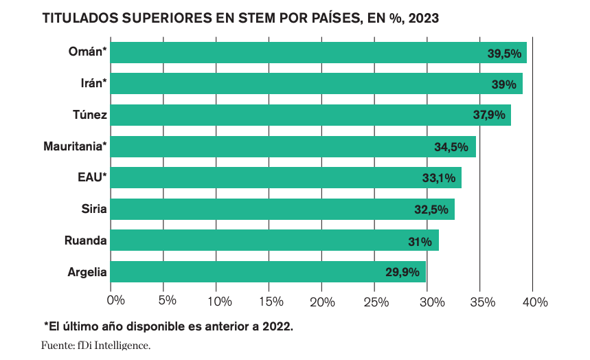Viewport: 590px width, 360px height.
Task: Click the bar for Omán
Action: click(x=318, y=53)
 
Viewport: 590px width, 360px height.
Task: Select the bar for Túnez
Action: click(x=310, y=115)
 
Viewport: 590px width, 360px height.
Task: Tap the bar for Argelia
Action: click(x=268, y=272)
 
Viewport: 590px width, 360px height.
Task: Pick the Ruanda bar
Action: click(x=274, y=240)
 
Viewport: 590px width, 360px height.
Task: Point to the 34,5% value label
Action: click(x=451, y=147)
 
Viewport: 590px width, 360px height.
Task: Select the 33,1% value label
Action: click(x=439, y=179)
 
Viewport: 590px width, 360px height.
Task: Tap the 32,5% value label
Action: click(x=431, y=210)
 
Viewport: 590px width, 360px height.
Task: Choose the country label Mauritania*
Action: click(x=75, y=146)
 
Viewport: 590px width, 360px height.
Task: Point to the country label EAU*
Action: click(x=92, y=178)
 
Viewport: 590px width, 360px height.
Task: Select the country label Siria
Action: click(x=94, y=209)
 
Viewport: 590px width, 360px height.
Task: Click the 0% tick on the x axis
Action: click(x=115, y=301)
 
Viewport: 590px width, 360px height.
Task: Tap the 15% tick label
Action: click(x=273, y=301)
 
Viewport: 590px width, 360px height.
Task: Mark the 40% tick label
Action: click(x=534, y=301)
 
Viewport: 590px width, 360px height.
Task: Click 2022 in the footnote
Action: click(x=273, y=326)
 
